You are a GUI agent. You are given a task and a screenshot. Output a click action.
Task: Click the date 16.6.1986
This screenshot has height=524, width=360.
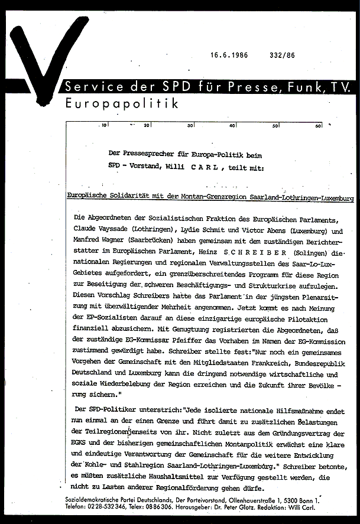[229, 56]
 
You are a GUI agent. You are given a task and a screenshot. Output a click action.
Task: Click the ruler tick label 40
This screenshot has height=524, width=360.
[232, 125]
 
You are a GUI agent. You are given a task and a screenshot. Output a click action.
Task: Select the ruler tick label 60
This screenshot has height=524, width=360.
[319, 125]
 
